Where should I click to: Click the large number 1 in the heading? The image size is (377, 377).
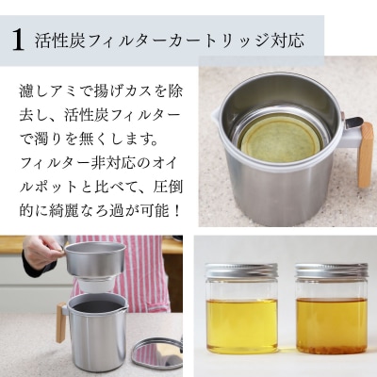point(18,40)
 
